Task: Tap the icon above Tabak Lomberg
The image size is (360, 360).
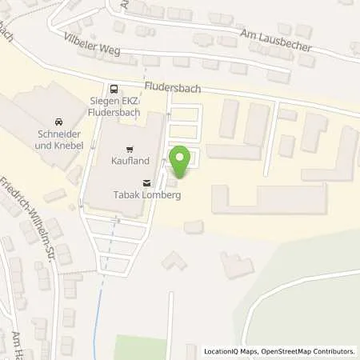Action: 145,182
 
